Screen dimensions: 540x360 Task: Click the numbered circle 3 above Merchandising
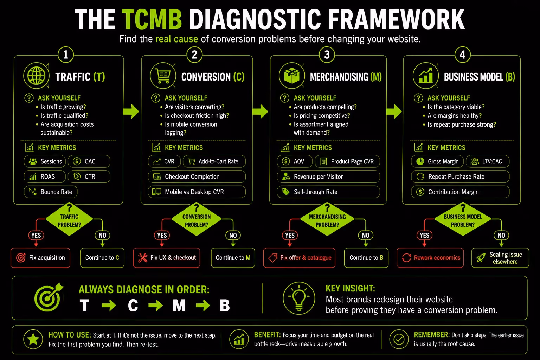(327, 54)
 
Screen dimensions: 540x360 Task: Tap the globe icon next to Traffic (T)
(37, 76)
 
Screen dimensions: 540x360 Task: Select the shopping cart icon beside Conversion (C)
(163, 76)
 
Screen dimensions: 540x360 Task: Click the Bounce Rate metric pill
(51, 192)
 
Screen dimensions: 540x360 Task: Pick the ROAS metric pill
(45, 176)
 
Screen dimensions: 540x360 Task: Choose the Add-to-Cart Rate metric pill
(214, 161)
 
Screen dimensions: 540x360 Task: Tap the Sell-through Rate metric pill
(328, 192)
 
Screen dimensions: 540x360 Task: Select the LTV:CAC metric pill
(488, 161)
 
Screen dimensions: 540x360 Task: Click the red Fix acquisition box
(40, 258)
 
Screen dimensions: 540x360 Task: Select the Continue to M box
(233, 258)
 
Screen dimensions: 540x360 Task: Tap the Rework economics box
(430, 258)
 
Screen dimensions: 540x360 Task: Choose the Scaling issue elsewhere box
(500, 258)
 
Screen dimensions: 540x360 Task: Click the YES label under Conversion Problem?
(162, 235)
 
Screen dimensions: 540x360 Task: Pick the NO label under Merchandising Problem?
(366, 235)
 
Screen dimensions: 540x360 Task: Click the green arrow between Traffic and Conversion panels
(131, 111)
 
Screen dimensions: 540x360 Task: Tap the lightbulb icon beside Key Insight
(299, 298)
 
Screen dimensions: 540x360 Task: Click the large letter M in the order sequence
(179, 305)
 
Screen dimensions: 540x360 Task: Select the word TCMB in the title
(152, 19)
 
